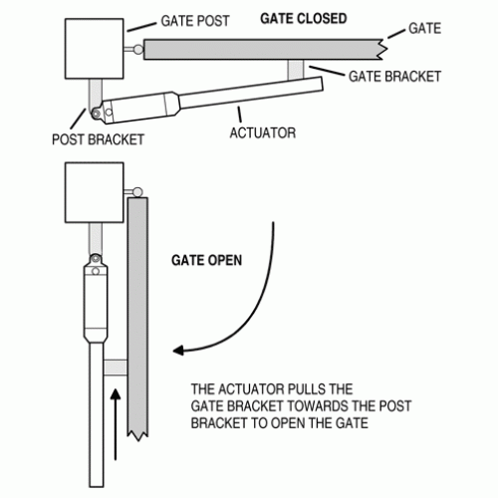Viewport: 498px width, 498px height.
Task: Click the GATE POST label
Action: pos(196,20)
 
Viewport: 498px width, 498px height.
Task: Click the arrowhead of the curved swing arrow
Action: pos(179,351)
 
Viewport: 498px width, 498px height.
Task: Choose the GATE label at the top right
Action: pos(424,28)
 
